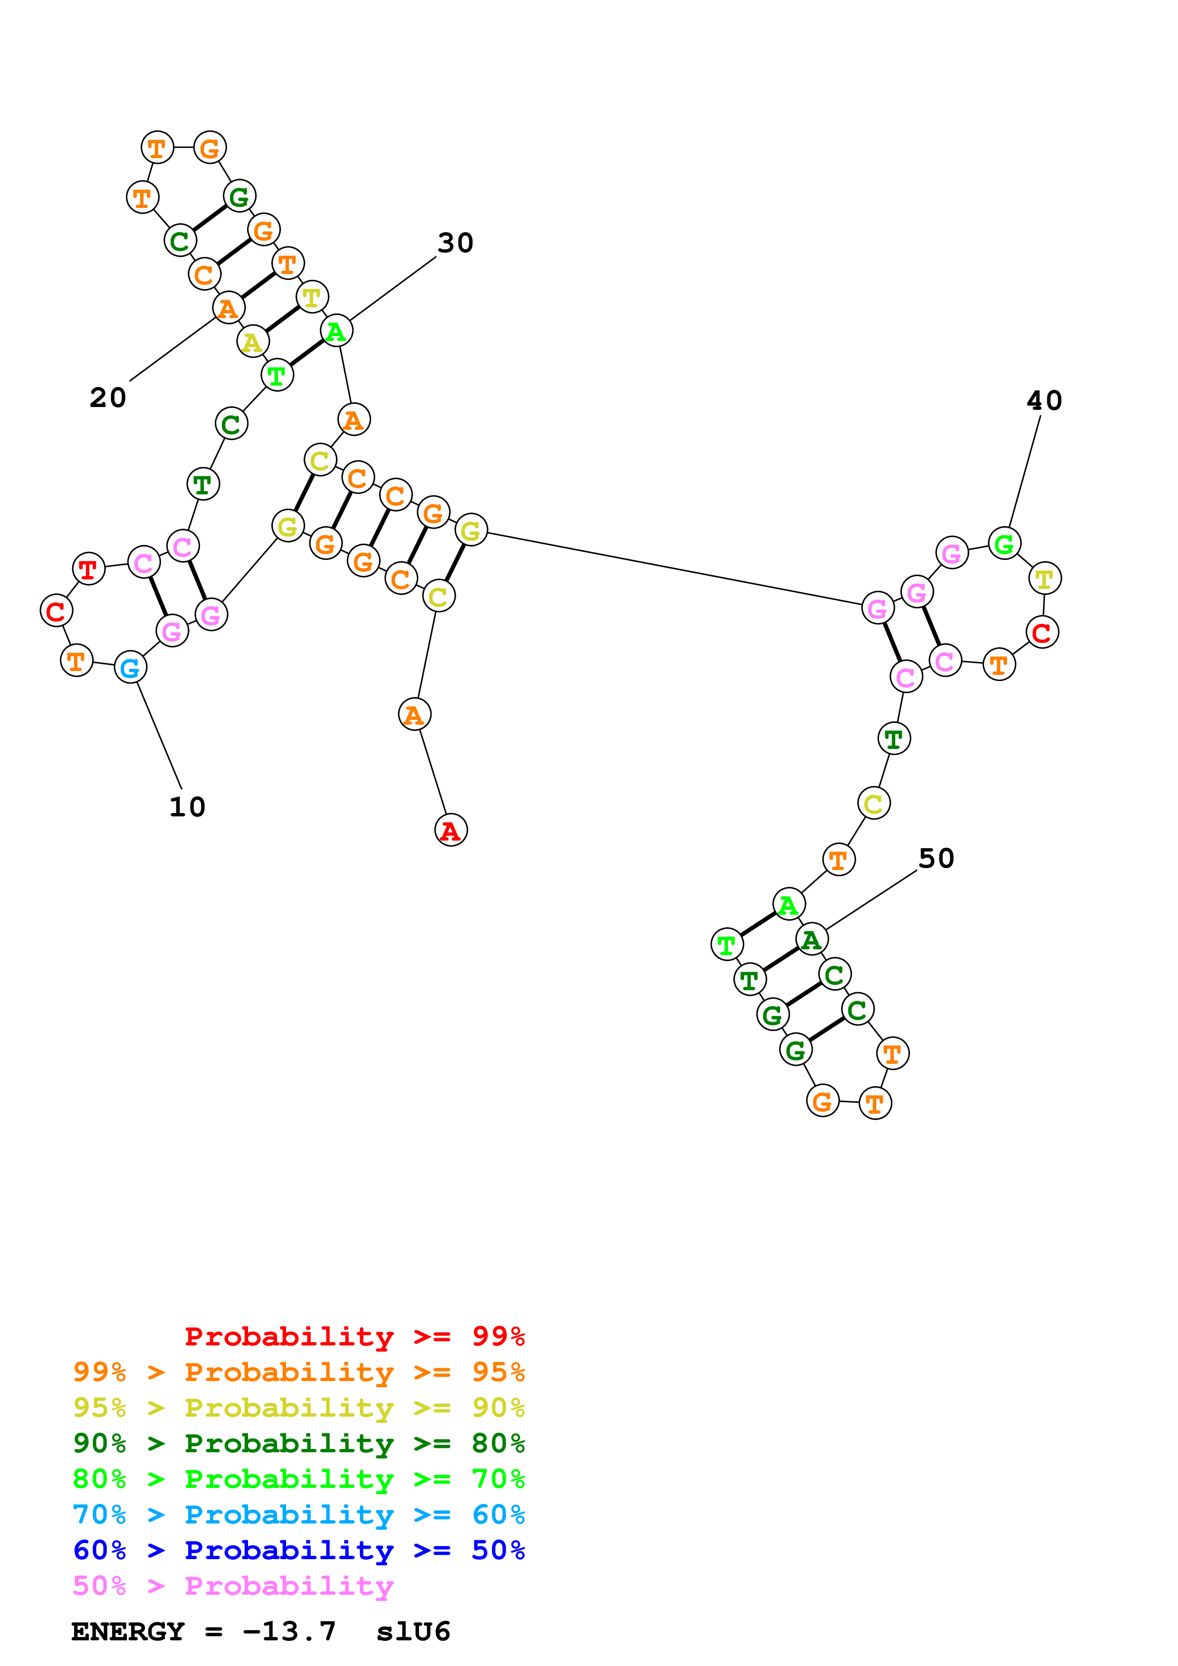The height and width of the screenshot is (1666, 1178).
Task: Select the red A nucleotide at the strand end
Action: pyautogui.click(x=451, y=830)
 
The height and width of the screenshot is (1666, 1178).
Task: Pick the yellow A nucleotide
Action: pyautogui.click(x=253, y=342)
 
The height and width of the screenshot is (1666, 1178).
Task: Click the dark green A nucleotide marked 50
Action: pyautogui.click(x=812, y=940)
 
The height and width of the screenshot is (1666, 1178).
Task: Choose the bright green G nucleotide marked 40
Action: pyautogui.click(x=1005, y=543)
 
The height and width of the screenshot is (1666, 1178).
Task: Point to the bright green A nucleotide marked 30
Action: pyautogui.click(x=336, y=331)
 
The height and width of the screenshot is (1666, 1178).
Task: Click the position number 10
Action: pyautogui.click(x=187, y=807)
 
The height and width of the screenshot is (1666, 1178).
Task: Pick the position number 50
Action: pyautogui.click(x=936, y=858)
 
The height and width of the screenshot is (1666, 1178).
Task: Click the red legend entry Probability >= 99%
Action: pyautogui.click(x=354, y=1336)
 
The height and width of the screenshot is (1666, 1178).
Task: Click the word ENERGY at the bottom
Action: pyautogui.click(x=128, y=1632)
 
